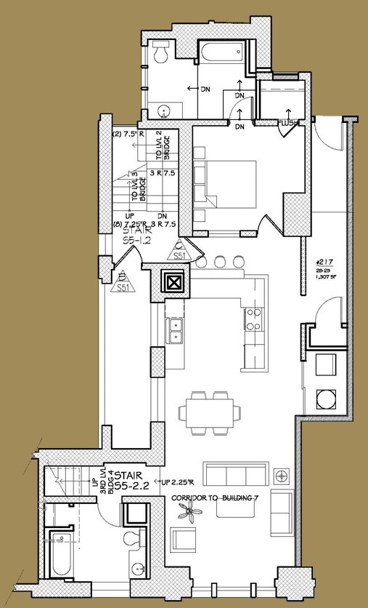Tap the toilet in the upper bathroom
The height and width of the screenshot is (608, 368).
click(162, 52)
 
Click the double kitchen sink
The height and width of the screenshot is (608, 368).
click(174, 331)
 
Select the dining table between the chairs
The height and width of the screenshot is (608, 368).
click(212, 413)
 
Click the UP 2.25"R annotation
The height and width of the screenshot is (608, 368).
click(178, 482)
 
